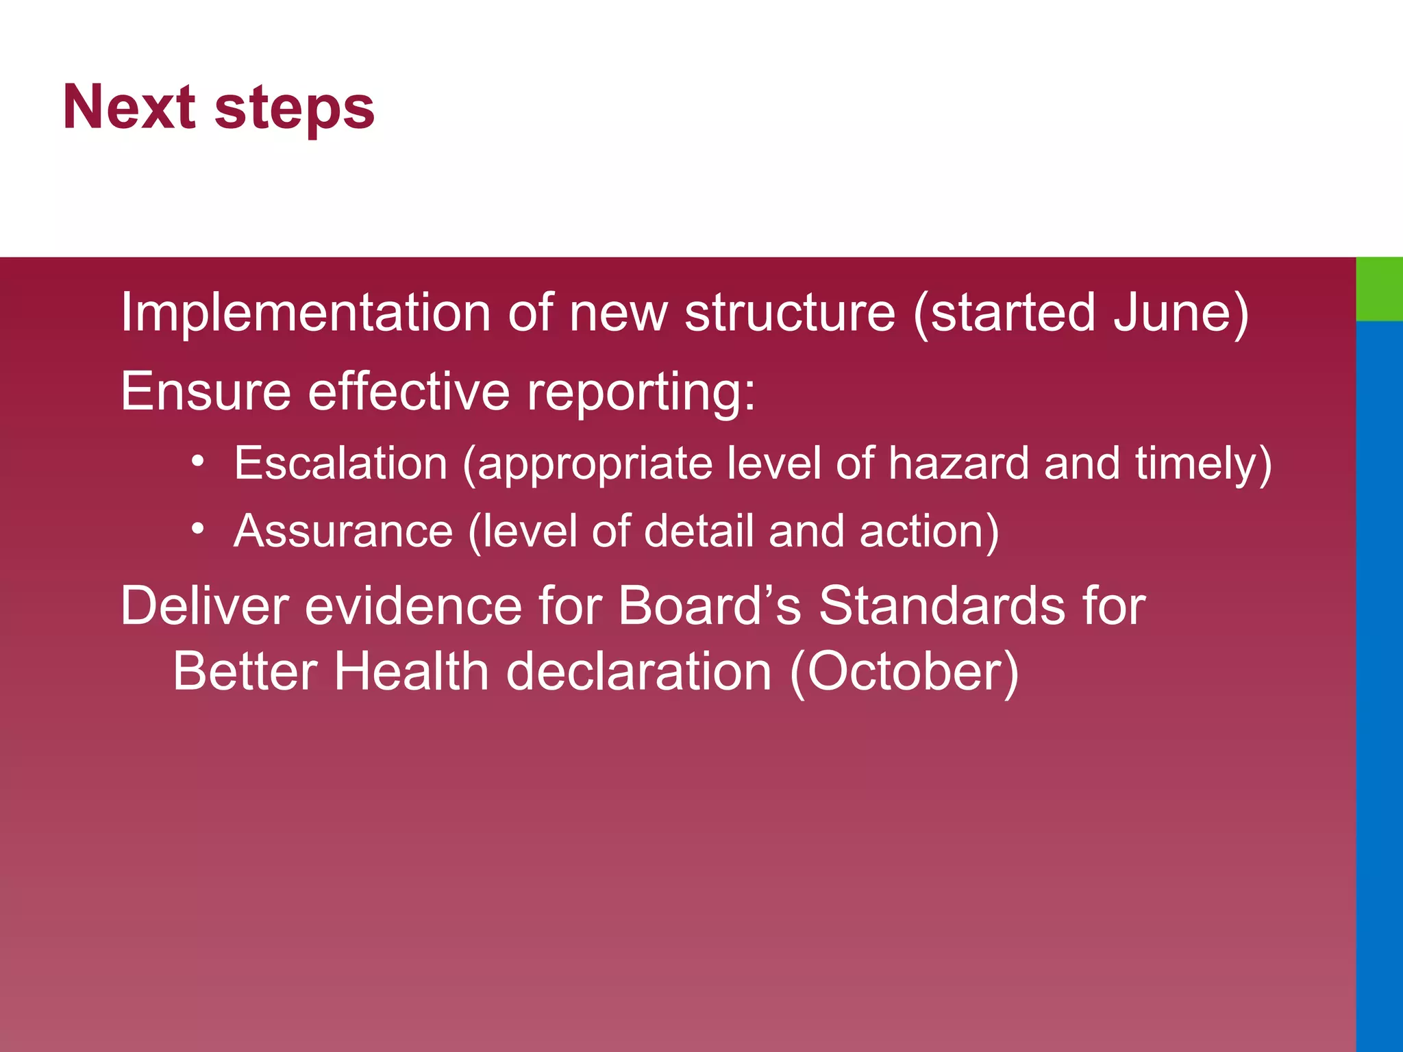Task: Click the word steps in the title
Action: pos(295,110)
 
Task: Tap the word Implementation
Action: pos(306,313)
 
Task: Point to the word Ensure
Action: pos(206,392)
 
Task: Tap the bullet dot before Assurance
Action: pos(198,528)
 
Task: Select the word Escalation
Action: pos(340,464)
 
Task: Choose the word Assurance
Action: pos(343,531)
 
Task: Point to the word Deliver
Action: pos(204,606)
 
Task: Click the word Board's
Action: pos(709,606)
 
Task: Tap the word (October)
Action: pos(904,673)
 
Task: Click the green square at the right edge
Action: pos(1379,288)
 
